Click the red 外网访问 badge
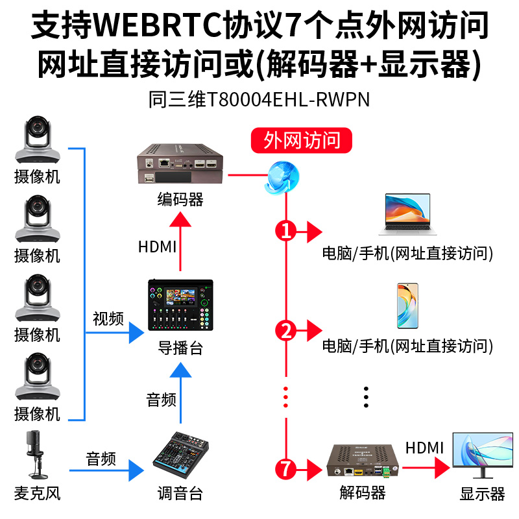pyautogui.click(x=302, y=140)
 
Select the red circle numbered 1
pyautogui.click(x=285, y=230)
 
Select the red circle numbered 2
pyautogui.click(x=285, y=331)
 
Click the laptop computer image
pyautogui.click(x=404, y=215)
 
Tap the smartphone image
pyautogui.click(x=407, y=305)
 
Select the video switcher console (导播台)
pyautogui.click(x=180, y=307)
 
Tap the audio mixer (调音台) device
pyautogui.click(x=180, y=457)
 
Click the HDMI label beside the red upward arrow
pyautogui.click(x=157, y=247)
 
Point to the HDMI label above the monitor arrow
pyautogui.click(x=424, y=448)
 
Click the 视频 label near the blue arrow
pyautogui.click(x=108, y=319)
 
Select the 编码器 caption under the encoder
pyautogui.click(x=180, y=199)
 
